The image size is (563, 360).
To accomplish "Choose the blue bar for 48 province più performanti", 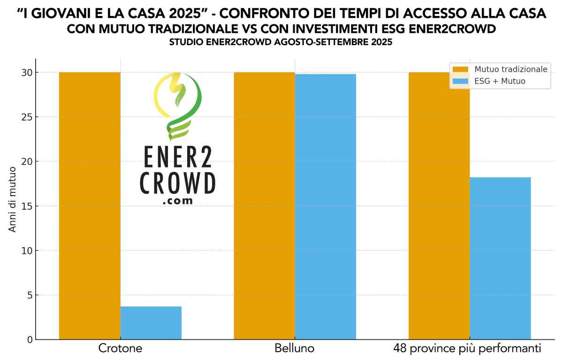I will point(500,258).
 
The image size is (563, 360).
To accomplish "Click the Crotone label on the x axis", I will point(120,349).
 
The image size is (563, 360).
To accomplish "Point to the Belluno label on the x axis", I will point(295,349).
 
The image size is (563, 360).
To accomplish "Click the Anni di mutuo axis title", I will point(13,199).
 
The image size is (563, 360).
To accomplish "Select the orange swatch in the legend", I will point(461,69).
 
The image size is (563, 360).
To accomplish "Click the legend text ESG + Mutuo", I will point(500,81).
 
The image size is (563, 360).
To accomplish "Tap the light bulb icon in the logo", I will point(177,106).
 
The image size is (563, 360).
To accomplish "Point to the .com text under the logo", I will point(178,200).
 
